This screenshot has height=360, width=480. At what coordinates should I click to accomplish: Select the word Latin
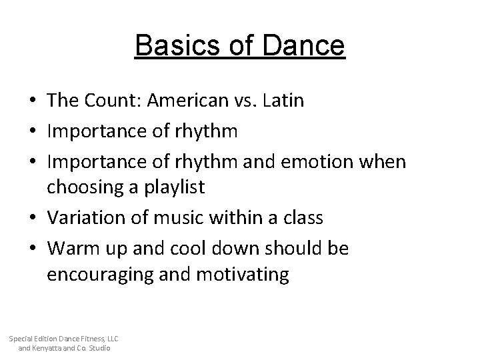tap(283, 101)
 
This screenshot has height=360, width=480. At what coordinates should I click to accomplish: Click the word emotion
tap(313, 162)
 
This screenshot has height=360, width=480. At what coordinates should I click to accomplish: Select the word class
tap(303, 217)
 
